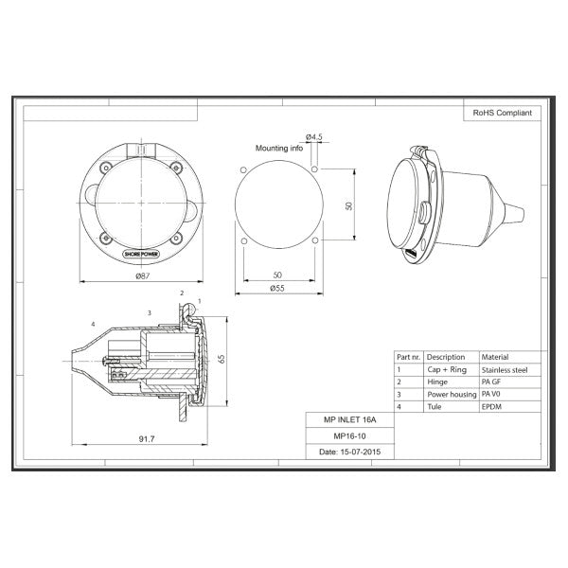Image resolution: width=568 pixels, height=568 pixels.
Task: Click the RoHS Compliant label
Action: click(502, 113)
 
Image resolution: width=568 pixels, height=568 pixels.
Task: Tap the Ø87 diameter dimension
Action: click(141, 275)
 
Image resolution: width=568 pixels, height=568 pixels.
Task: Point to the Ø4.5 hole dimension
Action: click(314, 137)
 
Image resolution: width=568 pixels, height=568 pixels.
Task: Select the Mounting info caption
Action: click(281, 149)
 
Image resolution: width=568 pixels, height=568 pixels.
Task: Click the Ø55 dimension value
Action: click(277, 287)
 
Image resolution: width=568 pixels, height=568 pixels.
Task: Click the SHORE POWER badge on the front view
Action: click(141, 254)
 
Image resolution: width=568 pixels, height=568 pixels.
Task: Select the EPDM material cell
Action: click(494, 405)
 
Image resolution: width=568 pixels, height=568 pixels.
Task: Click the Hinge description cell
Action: click(439, 382)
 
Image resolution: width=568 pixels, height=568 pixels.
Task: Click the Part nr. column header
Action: click(409, 357)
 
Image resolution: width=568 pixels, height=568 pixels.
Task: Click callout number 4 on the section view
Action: click(92, 325)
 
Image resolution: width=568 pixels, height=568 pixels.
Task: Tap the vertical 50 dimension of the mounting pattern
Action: click(349, 205)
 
